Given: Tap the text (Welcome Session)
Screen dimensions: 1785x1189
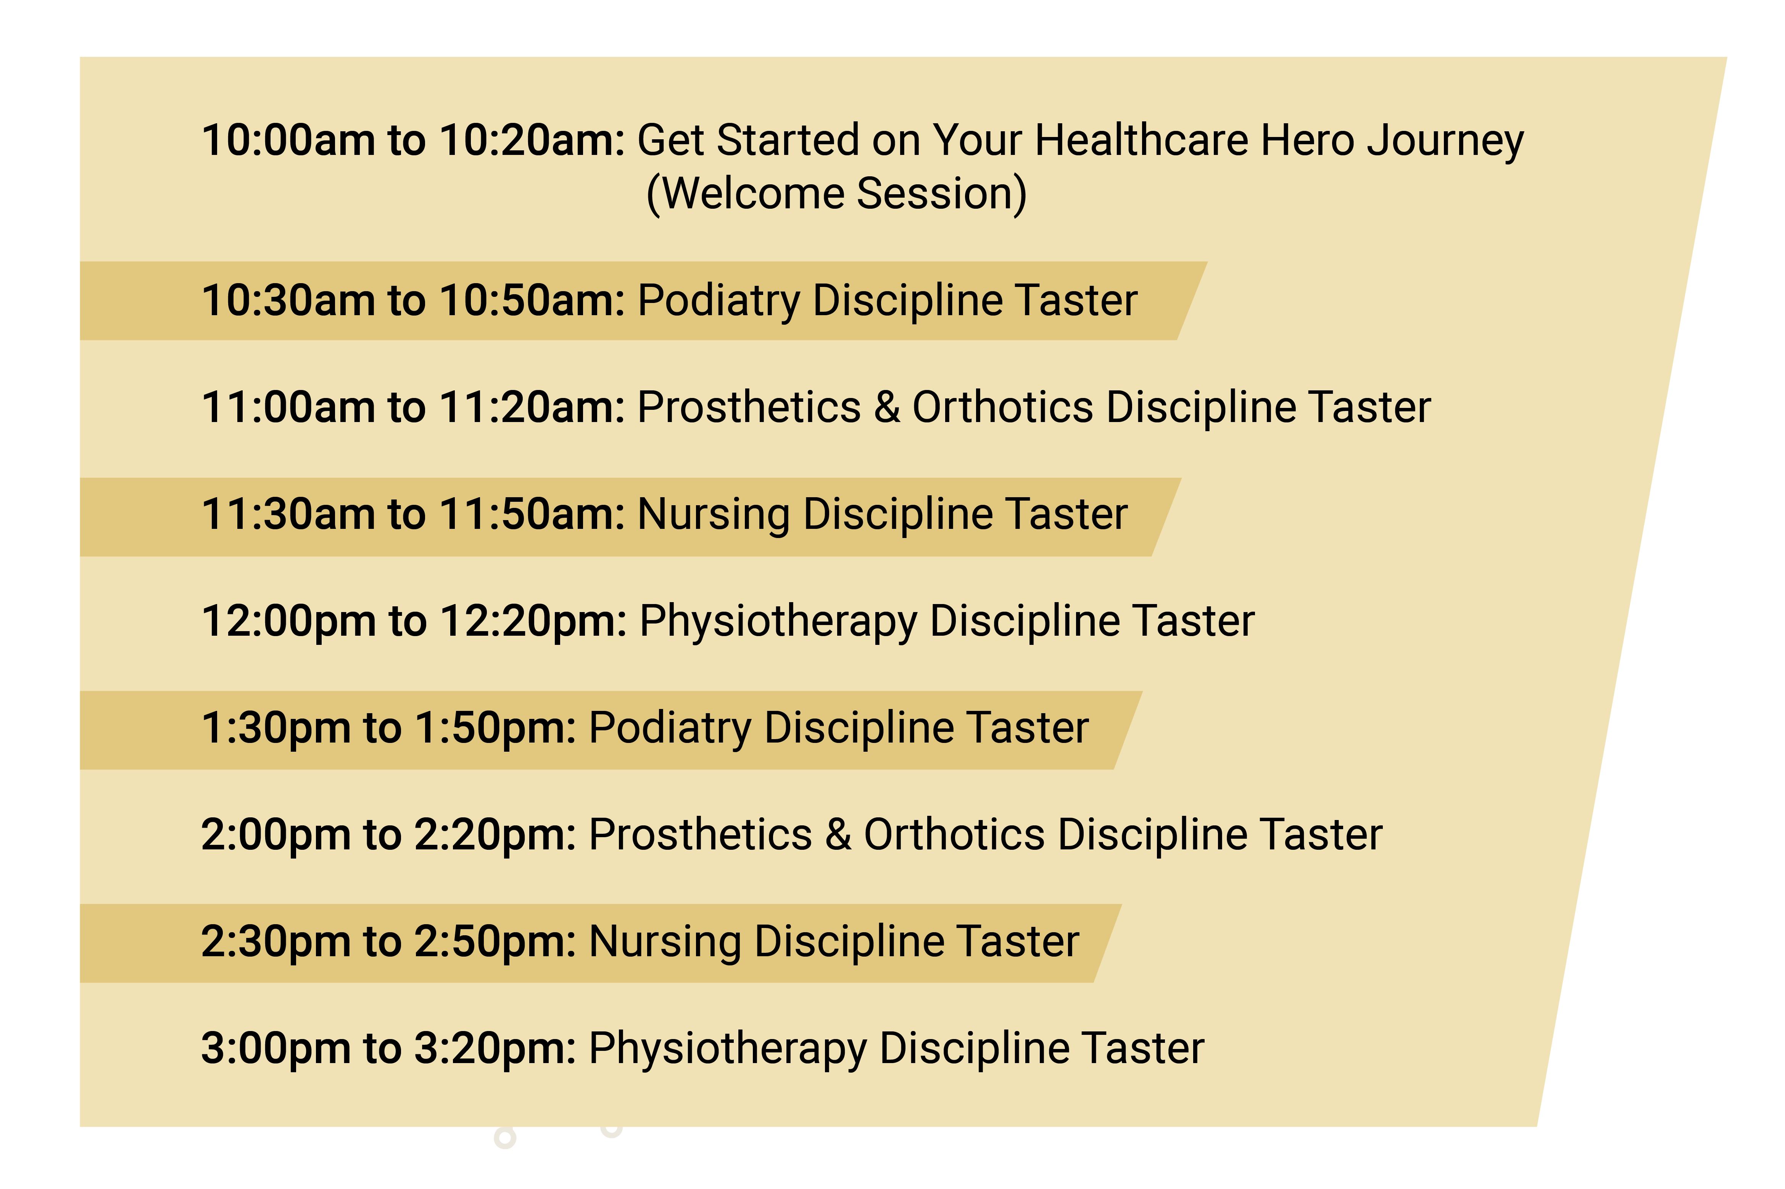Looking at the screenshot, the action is click(x=836, y=193).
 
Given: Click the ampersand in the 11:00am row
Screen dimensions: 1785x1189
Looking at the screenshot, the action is click(x=886, y=407).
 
